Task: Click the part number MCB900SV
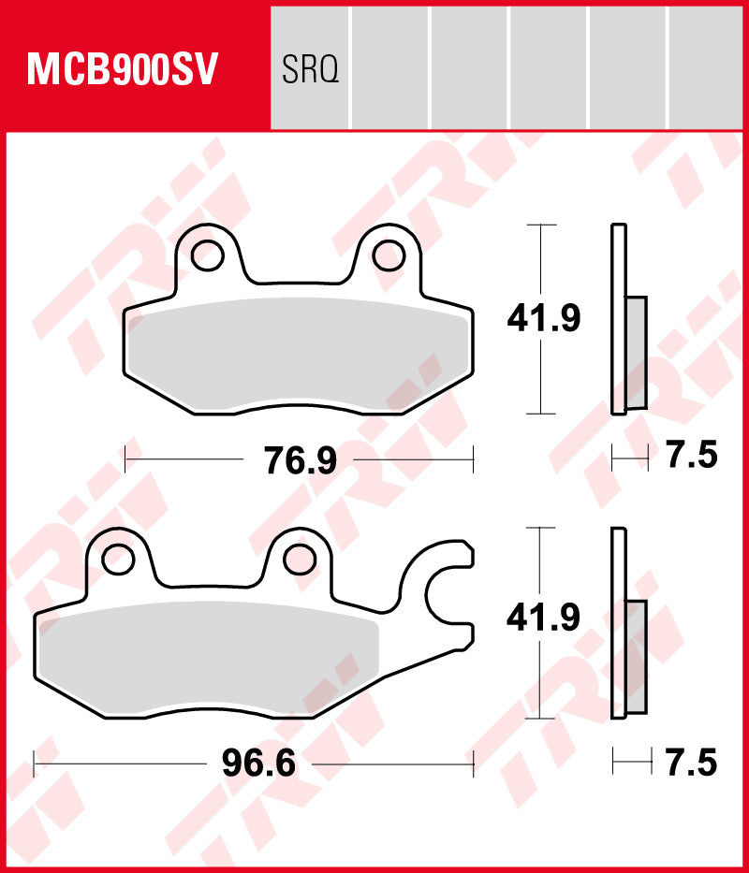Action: pyautogui.click(x=124, y=69)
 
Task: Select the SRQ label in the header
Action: pyautogui.click(x=309, y=69)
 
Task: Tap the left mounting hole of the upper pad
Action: pyautogui.click(x=209, y=255)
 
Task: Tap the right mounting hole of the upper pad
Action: pyautogui.click(x=389, y=255)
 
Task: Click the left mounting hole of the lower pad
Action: pyautogui.click(x=119, y=559)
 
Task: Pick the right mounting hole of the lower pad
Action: pyautogui.click(x=299, y=559)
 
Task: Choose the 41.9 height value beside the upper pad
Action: pyautogui.click(x=544, y=319)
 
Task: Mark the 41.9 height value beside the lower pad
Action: pyautogui.click(x=544, y=618)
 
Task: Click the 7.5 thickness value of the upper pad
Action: pyautogui.click(x=692, y=457)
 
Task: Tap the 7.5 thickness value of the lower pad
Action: pyautogui.click(x=692, y=764)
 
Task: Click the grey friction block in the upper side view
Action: pyautogui.click(x=636, y=352)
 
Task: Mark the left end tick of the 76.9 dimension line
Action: pyautogui.click(x=125, y=459)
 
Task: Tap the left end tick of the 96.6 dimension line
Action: pyautogui.click(x=34, y=764)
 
